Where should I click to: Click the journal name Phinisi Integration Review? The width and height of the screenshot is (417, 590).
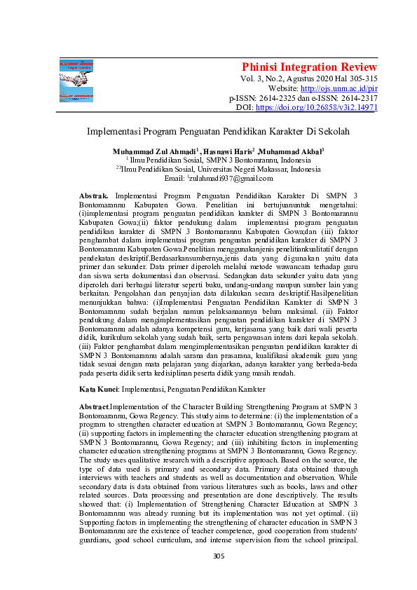(310, 67)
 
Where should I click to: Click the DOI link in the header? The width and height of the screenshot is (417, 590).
(317, 109)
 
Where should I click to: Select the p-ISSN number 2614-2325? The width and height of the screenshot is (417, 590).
(278, 99)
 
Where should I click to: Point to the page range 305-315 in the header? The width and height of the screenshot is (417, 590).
(362, 79)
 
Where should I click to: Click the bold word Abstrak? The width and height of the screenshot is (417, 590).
(94, 193)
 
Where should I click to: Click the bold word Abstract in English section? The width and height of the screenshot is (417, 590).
(94, 406)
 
